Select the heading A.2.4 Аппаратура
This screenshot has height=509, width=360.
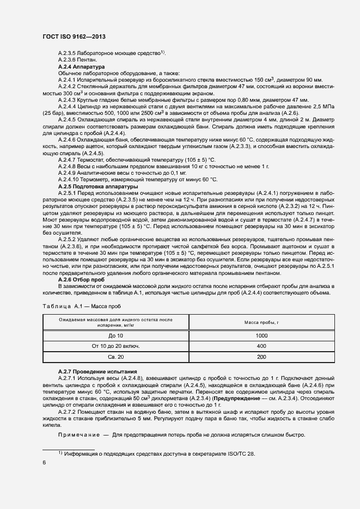[x=77, y=66]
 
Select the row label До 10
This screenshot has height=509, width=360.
[x=117, y=336]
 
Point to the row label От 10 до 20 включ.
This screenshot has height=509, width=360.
[x=117, y=346]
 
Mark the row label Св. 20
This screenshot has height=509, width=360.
[x=117, y=357]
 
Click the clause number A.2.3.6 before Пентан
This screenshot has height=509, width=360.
[x=66, y=59]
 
